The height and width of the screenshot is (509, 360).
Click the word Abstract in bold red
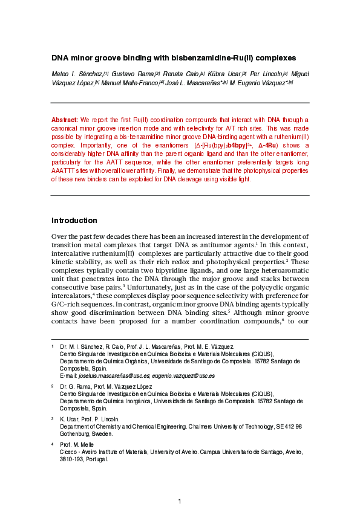65,120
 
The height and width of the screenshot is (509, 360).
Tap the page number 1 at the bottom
180,502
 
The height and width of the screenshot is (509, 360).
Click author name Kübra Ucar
223,74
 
